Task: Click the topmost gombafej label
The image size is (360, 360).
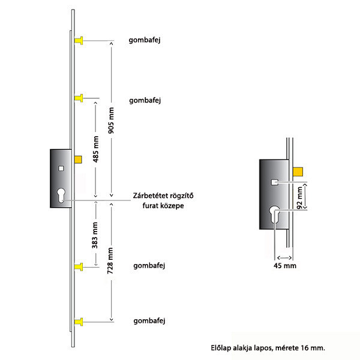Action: click(145, 40)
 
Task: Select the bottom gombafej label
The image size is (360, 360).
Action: click(149, 321)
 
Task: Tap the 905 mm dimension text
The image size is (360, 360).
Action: click(111, 120)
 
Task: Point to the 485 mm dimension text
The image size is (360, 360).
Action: click(96, 149)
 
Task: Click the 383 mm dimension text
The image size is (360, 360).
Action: click(95, 235)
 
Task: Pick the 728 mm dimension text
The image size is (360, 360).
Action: click(110, 260)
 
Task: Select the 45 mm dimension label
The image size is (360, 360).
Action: click(285, 266)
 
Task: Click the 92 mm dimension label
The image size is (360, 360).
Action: click(300, 197)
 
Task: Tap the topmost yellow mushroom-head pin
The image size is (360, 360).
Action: click(79, 41)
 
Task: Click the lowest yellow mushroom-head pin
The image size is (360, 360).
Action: click(79, 322)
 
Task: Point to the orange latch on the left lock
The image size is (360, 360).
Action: click(78, 160)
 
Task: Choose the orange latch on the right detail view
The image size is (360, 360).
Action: click(298, 172)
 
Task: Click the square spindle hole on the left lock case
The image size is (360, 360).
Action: click(61, 169)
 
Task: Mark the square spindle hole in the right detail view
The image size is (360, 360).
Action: click(275, 182)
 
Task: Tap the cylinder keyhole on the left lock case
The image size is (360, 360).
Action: click(61, 196)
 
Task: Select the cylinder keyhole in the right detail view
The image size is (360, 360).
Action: click(275, 214)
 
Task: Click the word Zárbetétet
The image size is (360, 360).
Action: click(147, 196)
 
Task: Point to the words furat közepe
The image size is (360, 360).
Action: click(163, 205)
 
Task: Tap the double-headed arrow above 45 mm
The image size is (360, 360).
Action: click(284, 257)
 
